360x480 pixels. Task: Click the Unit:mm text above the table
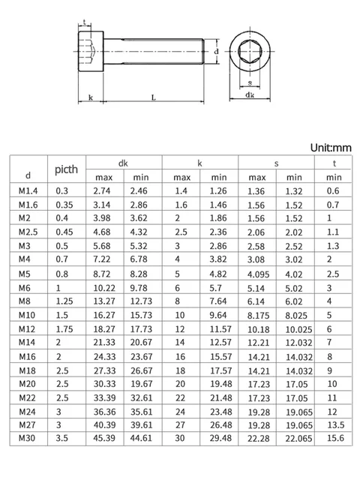click(331, 148)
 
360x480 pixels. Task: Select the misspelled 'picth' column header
click(66, 169)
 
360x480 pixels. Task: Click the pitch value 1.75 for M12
click(64, 328)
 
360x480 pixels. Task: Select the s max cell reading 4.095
click(257, 273)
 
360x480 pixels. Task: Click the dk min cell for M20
click(142, 382)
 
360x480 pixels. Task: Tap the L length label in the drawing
click(154, 97)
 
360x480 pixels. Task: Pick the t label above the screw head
click(85, 22)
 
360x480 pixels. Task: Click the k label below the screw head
click(90, 97)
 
